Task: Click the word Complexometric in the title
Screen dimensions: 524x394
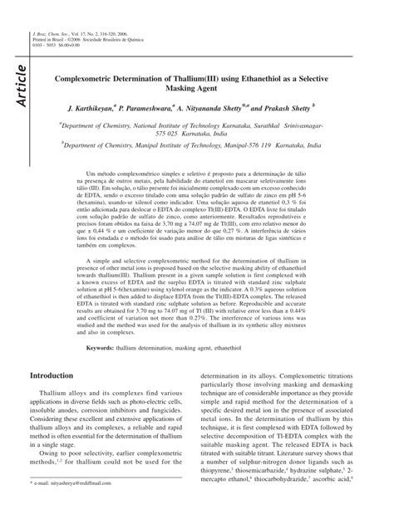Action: click(94, 75)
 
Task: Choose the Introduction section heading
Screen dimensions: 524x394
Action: click(63, 375)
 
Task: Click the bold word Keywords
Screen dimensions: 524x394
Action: click(100, 347)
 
